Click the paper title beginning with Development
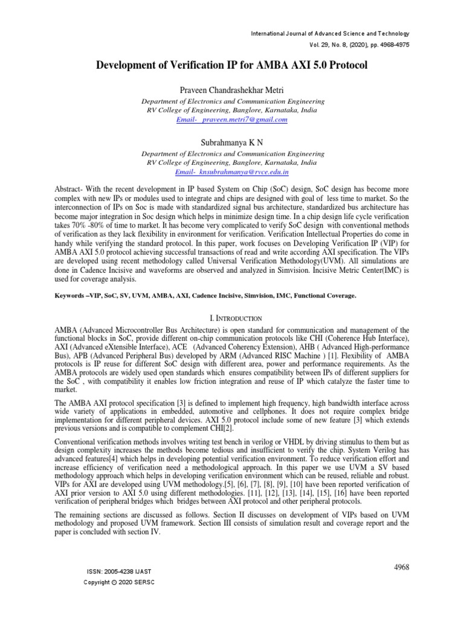pyautogui.click(x=231, y=65)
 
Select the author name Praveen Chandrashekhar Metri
pyautogui.click(x=231, y=90)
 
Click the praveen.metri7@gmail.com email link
pyautogui.click(x=231, y=119)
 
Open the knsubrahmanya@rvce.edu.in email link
pyautogui.click(x=231, y=172)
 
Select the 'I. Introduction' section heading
pyautogui.click(x=232, y=317)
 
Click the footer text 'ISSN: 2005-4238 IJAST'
pyautogui.click(x=120, y=570)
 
